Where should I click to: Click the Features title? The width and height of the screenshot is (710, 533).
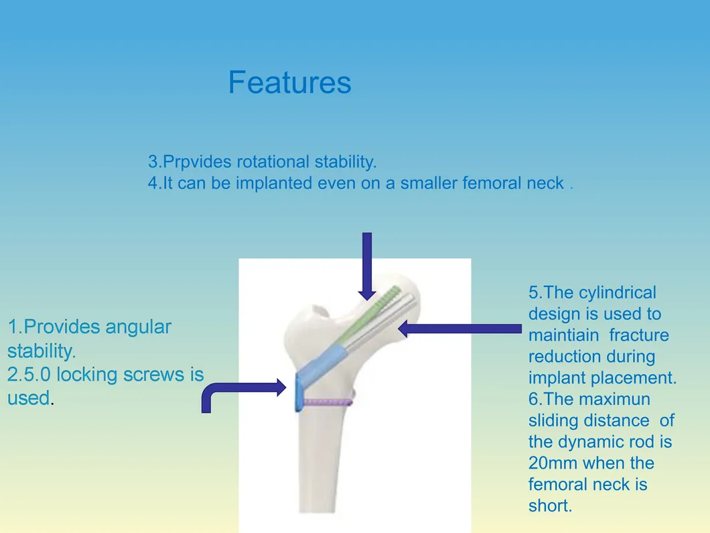pos(289,82)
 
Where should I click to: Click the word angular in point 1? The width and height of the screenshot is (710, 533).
pos(139,327)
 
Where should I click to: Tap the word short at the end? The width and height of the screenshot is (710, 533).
pos(550,506)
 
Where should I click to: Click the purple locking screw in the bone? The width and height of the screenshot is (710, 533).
pos(328,402)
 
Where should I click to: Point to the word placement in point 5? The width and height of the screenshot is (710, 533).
pos(634,378)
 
